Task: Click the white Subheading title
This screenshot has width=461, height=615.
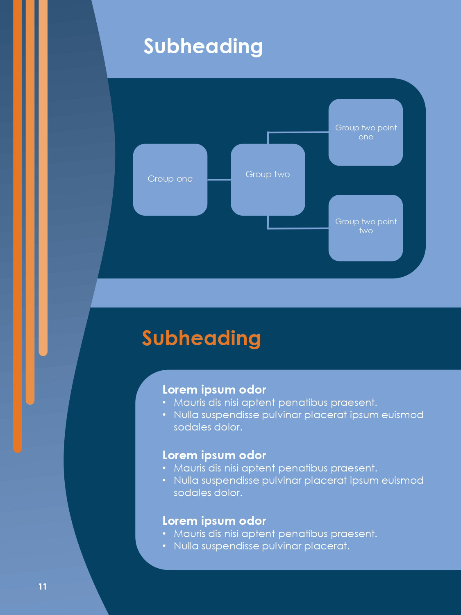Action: click(x=203, y=46)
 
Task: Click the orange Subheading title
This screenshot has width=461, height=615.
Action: click(x=201, y=338)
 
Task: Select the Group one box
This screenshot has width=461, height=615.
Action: click(x=170, y=179)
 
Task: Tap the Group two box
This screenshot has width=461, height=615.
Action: click(x=268, y=179)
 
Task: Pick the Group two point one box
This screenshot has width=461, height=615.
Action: click(x=366, y=132)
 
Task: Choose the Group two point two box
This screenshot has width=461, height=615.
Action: click(x=366, y=228)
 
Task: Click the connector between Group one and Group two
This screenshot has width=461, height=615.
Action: click(x=219, y=180)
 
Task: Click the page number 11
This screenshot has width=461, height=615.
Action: click(x=43, y=587)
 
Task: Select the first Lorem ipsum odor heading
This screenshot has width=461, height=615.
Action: click(x=214, y=389)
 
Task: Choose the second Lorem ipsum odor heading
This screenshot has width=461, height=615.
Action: click(x=214, y=455)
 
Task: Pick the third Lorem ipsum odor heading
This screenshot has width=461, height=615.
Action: click(x=214, y=521)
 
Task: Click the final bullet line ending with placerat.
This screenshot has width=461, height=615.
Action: click(x=261, y=546)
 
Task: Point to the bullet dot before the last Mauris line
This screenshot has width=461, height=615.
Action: click(x=164, y=534)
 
